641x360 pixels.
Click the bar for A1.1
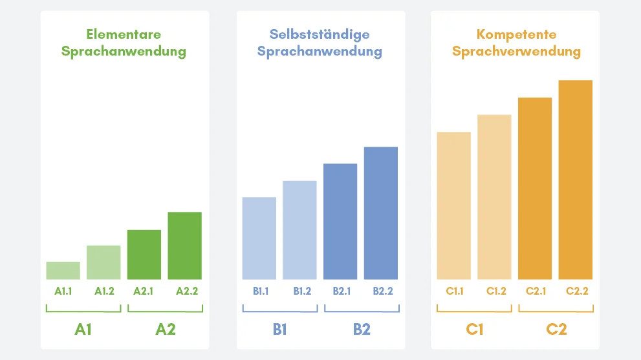(63, 270)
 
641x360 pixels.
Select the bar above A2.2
(184, 245)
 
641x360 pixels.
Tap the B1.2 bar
(299, 229)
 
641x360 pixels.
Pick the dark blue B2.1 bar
(340, 221)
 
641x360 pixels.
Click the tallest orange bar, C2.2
(576, 179)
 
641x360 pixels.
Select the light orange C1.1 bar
(453, 205)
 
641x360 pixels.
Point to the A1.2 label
(104, 291)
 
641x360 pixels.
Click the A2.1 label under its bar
(144, 291)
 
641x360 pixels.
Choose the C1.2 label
(495, 291)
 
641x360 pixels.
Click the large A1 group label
(83, 329)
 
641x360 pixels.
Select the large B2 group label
(362, 329)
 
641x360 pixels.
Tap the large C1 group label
(475, 329)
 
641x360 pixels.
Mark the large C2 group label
(556, 329)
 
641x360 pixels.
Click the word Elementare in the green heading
(124, 34)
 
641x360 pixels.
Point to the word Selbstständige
(320, 34)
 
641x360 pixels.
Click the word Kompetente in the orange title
(516, 34)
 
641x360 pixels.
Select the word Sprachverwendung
(516, 52)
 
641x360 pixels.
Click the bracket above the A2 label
(165, 311)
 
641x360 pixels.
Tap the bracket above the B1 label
(279, 311)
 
